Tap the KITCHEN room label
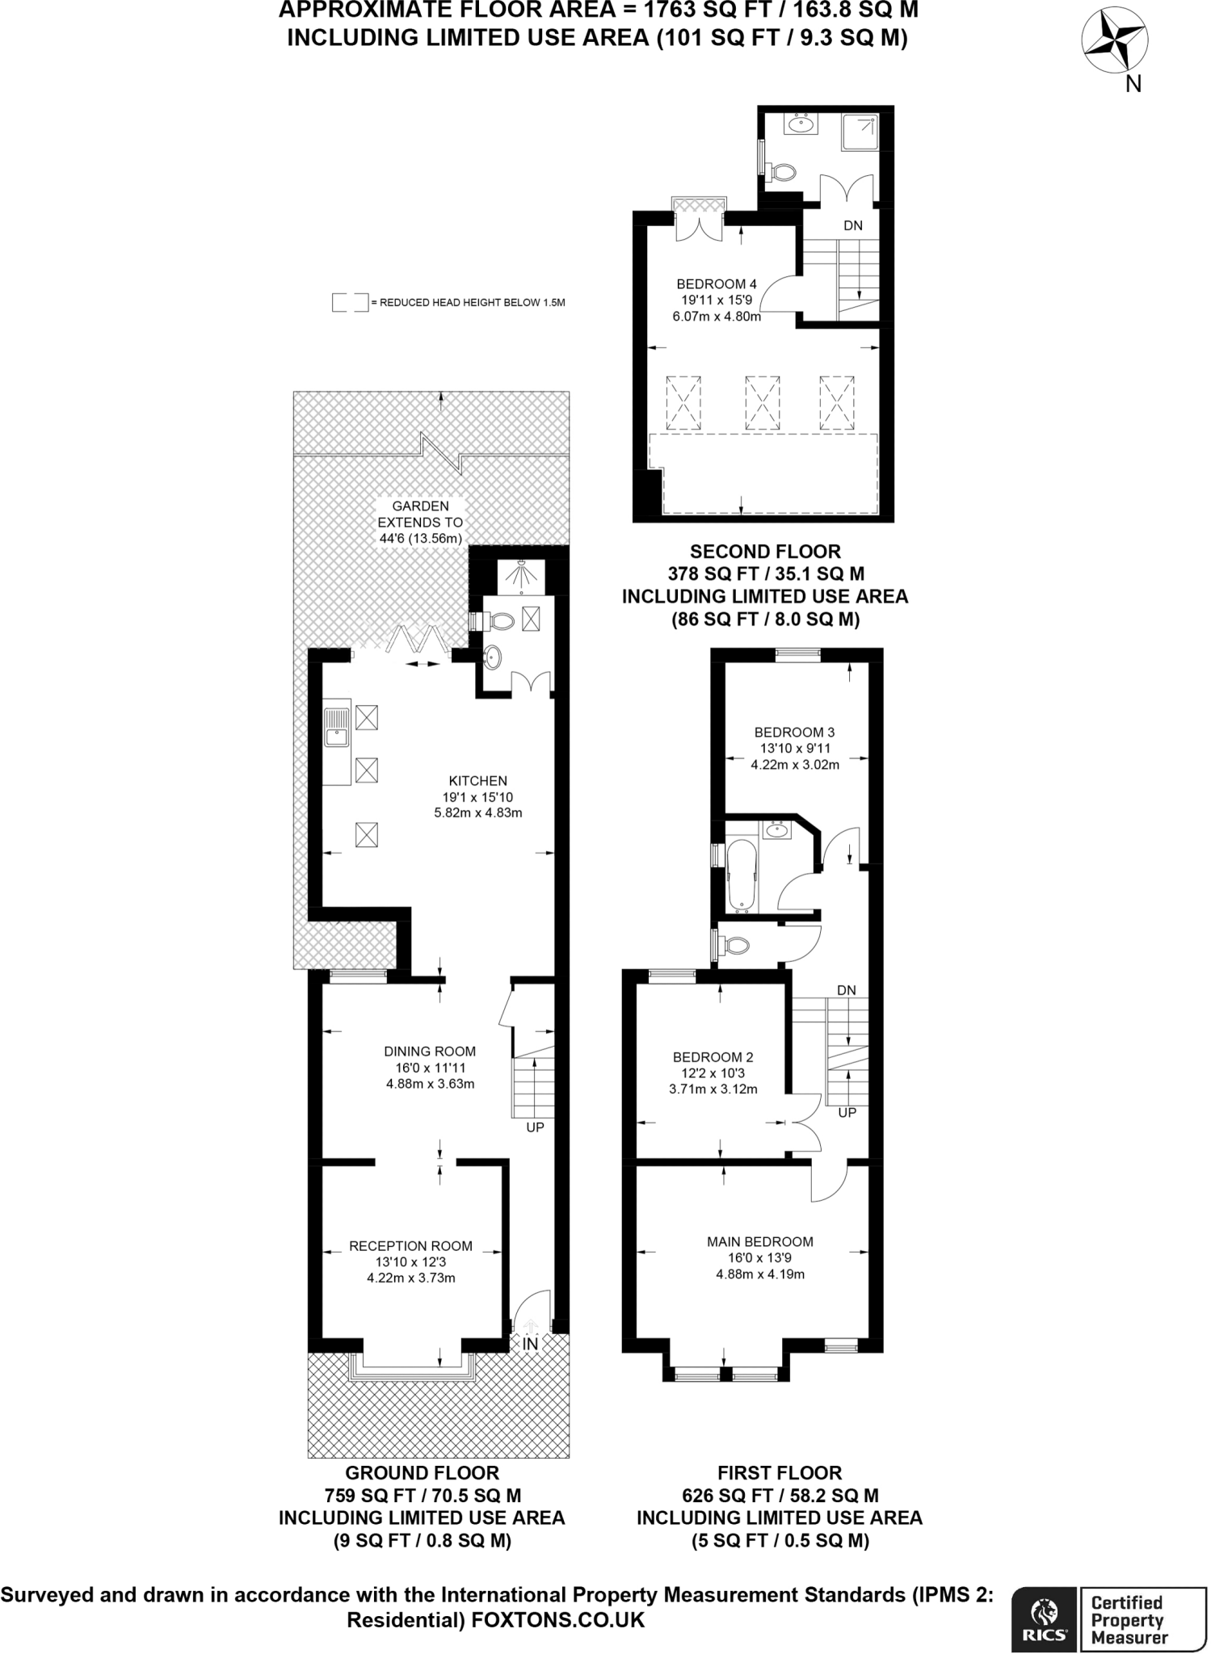click(478, 781)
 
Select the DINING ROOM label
click(430, 1052)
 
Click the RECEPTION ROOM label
click(410, 1246)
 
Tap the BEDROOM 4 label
click(716, 284)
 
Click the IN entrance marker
click(530, 1344)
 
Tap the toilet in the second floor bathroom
click(782, 171)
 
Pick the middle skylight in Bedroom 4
click(762, 401)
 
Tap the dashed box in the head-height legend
click(350, 303)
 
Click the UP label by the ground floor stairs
click(535, 1127)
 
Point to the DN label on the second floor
click(853, 226)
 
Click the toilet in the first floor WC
click(736, 944)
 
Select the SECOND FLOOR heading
click(765, 552)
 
